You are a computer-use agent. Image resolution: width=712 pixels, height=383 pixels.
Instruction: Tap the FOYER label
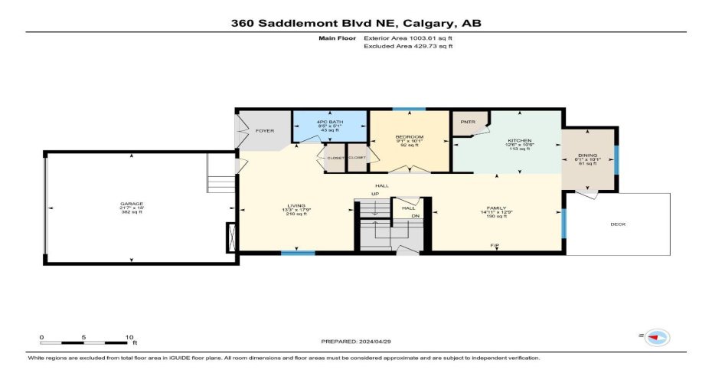[265, 131]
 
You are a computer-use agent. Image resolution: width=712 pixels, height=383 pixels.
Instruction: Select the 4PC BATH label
[330, 123]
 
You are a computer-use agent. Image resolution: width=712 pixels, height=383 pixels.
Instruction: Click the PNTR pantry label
[466, 122]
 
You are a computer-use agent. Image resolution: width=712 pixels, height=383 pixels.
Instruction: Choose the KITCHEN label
[519, 140]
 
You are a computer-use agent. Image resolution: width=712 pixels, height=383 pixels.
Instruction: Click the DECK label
[619, 224]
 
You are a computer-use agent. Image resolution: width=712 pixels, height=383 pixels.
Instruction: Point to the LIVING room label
[296, 206]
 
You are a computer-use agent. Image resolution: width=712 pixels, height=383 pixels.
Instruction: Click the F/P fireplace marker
[495, 245]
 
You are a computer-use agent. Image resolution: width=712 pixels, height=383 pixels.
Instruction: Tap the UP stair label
[375, 194]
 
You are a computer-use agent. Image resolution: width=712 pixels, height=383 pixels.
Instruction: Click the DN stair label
[416, 215]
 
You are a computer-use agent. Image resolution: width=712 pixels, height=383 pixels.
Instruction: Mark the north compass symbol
[657, 337]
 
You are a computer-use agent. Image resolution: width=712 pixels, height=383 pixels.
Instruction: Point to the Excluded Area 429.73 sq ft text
[409, 46]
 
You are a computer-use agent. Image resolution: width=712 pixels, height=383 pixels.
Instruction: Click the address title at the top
[356, 23]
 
